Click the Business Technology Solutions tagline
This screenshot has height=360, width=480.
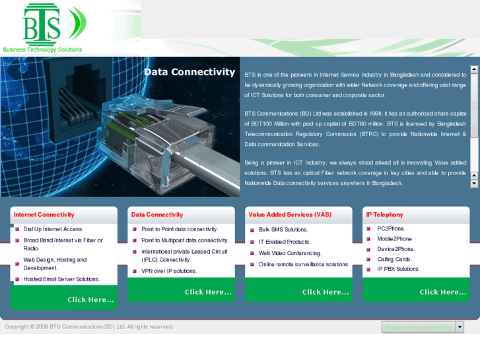[42, 50]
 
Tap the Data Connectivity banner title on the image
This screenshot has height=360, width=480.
[189, 72]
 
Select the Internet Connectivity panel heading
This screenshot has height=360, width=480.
[44, 215]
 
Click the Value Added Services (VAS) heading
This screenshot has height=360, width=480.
[290, 215]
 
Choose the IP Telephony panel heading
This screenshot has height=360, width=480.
[384, 215]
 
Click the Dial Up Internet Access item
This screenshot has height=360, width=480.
[53, 229]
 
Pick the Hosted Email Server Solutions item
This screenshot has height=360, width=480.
[61, 279]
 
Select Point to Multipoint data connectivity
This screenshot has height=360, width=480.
[185, 240]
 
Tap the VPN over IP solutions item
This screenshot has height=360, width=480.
[169, 271]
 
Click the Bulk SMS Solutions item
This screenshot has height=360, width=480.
[283, 230]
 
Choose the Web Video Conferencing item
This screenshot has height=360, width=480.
[290, 253]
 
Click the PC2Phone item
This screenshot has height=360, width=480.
[391, 229]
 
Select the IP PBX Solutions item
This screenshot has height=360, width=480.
[397, 269]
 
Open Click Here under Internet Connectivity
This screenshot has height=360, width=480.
[90, 300]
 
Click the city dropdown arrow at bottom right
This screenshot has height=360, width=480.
[460, 327]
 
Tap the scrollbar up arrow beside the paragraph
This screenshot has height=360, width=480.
[475, 69]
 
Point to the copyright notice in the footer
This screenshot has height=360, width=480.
[89, 327]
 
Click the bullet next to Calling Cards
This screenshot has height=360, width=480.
[370, 260]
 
